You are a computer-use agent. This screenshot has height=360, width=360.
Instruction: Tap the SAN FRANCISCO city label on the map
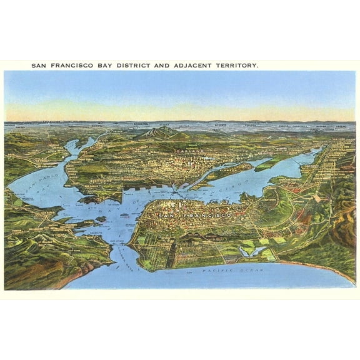194,215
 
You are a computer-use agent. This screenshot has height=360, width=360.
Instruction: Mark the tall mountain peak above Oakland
159,131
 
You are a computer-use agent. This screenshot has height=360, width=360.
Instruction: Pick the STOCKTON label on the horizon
141,124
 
